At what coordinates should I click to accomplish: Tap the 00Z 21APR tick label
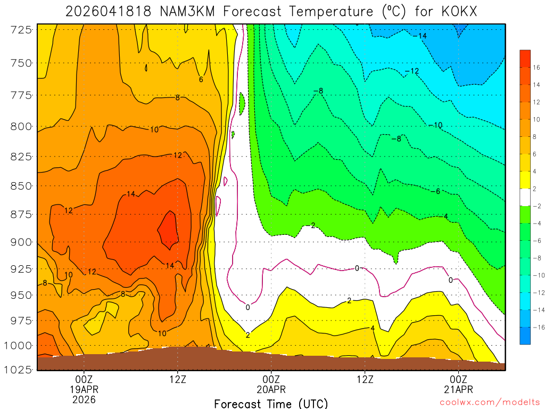click(459, 383)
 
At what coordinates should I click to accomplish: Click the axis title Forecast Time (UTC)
click(271, 403)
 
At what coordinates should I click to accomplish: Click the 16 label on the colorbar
click(536, 67)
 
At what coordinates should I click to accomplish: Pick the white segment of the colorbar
click(525, 197)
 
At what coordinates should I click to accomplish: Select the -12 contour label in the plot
click(412, 71)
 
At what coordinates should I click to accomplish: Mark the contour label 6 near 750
click(201, 80)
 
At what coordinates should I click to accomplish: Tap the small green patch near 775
click(242, 102)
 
